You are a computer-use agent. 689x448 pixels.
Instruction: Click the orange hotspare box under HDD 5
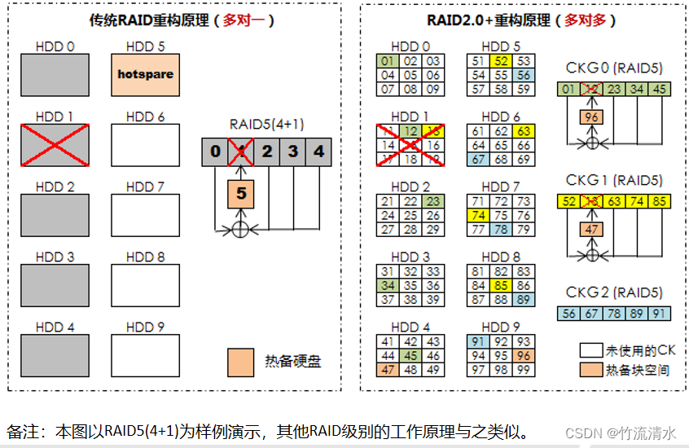coord(145,74)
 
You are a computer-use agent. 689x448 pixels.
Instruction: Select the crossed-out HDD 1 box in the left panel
coord(55,145)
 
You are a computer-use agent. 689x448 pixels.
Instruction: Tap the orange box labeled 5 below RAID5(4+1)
coord(239,194)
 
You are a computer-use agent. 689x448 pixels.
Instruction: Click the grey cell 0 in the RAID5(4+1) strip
coord(214,152)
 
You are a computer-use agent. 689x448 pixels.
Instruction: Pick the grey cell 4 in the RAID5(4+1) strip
coord(319,152)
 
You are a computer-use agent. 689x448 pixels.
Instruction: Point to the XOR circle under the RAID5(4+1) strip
coord(239,230)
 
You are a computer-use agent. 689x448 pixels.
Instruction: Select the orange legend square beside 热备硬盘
coord(241,360)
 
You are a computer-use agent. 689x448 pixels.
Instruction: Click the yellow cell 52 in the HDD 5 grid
coord(501,61)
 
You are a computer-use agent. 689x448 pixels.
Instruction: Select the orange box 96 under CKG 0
coord(592,117)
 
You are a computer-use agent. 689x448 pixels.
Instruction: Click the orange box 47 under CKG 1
coord(592,231)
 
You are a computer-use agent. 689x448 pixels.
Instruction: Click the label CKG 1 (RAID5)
coord(614,180)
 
